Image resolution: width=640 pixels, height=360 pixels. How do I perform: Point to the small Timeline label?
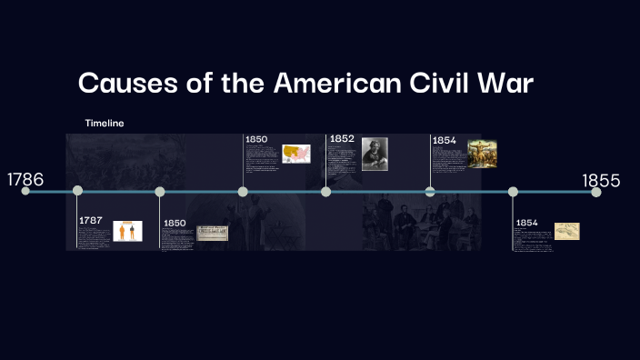pyautogui.click(x=105, y=123)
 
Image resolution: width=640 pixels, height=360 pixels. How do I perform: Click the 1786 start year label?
pyautogui.click(x=25, y=179)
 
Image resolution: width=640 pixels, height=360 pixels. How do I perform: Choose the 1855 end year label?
pyautogui.click(x=601, y=181)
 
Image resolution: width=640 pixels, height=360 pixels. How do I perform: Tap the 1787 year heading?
pyautogui.click(x=91, y=220)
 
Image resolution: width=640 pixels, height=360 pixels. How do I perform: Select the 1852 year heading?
pyautogui.click(x=342, y=138)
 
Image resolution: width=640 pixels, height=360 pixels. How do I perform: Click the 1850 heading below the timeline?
pyautogui.click(x=175, y=223)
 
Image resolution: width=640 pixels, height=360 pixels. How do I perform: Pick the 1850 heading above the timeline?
pyautogui.click(x=256, y=138)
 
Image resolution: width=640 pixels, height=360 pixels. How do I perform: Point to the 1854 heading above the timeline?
pyautogui.click(x=445, y=140)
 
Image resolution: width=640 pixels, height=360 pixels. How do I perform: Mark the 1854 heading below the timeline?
pyautogui.click(x=526, y=223)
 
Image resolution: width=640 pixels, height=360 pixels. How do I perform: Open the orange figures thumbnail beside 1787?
pyautogui.click(x=127, y=231)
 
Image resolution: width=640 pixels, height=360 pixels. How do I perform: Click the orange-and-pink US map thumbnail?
pyautogui.click(x=296, y=153)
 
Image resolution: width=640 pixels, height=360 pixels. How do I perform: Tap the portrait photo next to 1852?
pyautogui.click(x=374, y=154)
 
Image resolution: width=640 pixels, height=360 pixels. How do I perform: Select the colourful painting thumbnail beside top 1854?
pyautogui.click(x=481, y=153)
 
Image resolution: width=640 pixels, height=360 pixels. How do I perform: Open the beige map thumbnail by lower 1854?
pyautogui.click(x=567, y=231)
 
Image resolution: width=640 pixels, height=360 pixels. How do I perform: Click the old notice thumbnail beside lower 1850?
pyautogui.click(x=212, y=234)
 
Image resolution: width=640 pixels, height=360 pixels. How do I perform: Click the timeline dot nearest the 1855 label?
pyautogui.click(x=595, y=192)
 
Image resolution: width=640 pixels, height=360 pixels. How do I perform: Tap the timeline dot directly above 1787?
pyautogui.click(x=77, y=191)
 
